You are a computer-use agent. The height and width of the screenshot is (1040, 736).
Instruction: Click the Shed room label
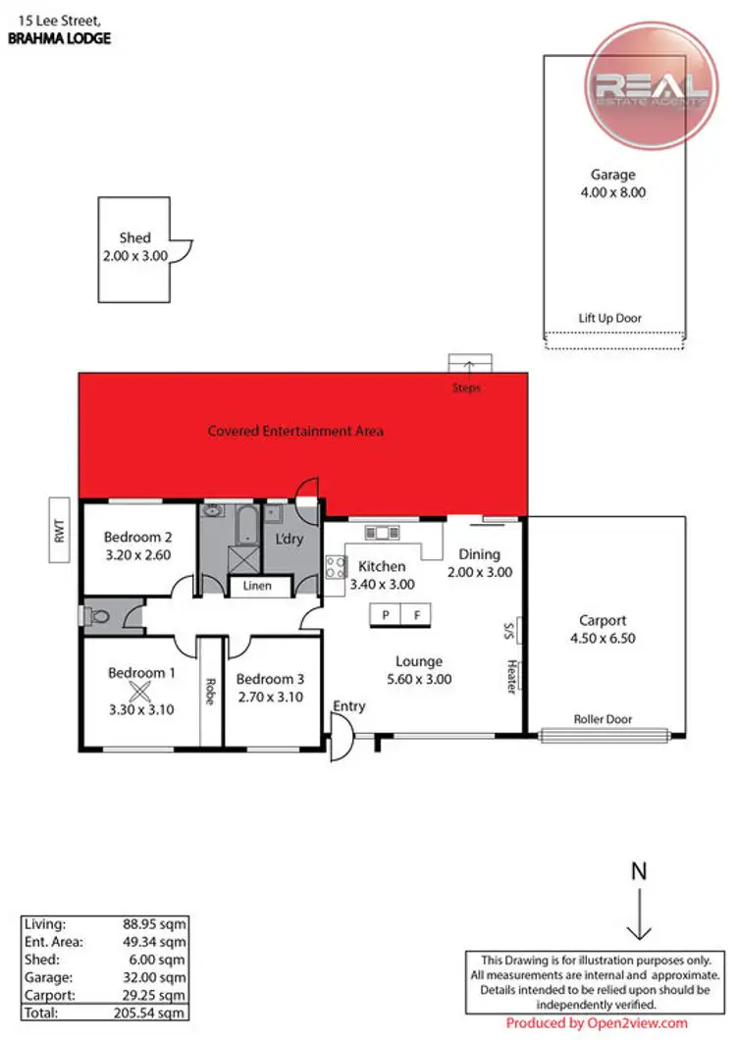[x=134, y=238]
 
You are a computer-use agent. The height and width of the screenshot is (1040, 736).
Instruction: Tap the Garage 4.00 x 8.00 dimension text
[x=612, y=193]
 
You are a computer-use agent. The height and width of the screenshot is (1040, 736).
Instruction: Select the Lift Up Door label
[x=608, y=318]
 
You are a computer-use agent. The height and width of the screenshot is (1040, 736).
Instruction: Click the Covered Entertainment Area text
[x=295, y=431]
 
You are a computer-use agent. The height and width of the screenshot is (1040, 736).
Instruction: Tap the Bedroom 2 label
[x=138, y=538]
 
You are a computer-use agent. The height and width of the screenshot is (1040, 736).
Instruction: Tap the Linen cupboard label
[x=258, y=587]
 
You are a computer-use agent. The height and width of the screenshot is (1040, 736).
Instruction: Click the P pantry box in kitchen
[x=386, y=615]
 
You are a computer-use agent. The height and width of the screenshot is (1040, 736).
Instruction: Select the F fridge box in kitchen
[x=416, y=615]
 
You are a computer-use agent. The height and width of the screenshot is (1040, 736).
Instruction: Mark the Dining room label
[x=479, y=554]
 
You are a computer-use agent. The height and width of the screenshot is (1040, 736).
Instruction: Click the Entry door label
[x=349, y=706]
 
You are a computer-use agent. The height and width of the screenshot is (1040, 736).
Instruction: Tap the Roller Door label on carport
[x=603, y=719]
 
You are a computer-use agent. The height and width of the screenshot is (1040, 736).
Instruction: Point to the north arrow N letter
[x=639, y=871]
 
